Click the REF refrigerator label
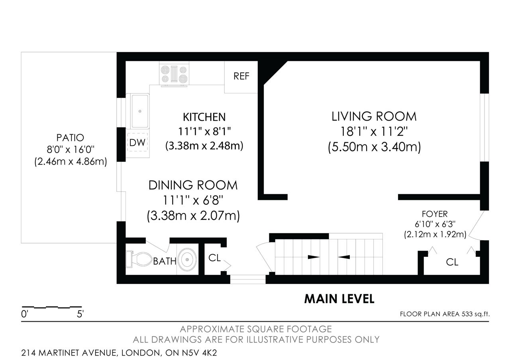pos(241,76)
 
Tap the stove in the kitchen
pos(174,74)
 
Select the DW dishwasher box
pos(137,143)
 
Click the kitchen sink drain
pos(140,111)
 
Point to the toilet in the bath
pos(139,259)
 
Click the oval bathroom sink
pos(187,259)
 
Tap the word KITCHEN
pos(204,117)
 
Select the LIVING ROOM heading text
pos(374,117)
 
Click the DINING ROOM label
pos(193,185)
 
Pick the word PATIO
pos(71,138)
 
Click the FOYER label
pos(435,214)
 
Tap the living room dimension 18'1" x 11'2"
pos(374,131)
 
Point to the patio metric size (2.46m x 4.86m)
pos(71,162)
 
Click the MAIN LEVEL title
pos(339,299)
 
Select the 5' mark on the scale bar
pos(80,314)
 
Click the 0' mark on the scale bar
pos(24,314)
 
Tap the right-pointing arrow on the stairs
pos(314,257)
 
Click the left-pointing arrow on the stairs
pos(344,257)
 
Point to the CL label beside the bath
pos(214,258)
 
